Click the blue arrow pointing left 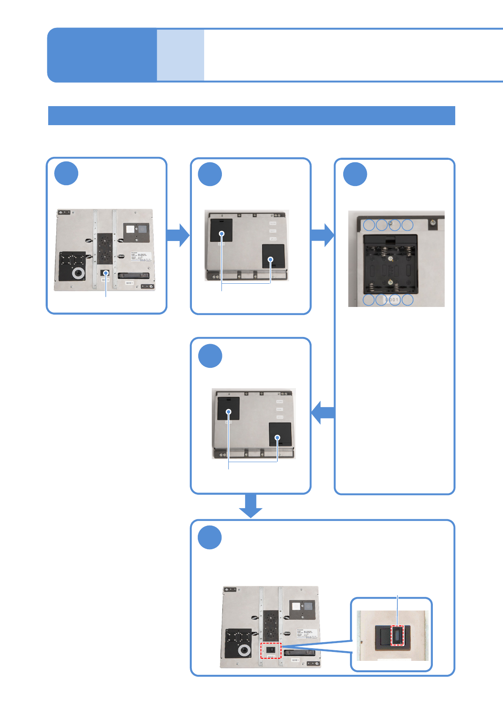click(x=323, y=412)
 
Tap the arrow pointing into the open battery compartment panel click(x=323, y=235)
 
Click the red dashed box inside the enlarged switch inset click(x=397, y=635)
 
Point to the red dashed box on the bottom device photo click(x=271, y=650)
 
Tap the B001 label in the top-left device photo click(x=129, y=283)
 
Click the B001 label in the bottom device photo click(x=295, y=660)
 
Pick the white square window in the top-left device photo click(x=130, y=229)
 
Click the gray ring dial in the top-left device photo click(x=78, y=273)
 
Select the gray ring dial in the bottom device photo click(x=244, y=650)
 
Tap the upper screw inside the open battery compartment click(x=391, y=259)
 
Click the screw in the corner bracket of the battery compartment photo click(x=433, y=222)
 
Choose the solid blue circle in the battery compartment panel click(x=355, y=174)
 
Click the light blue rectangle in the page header click(x=180, y=55)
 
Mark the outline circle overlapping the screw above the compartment click(x=394, y=225)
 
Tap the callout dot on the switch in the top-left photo click(x=106, y=273)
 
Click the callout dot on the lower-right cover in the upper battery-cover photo click(x=271, y=260)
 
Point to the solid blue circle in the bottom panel click(x=210, y=538)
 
